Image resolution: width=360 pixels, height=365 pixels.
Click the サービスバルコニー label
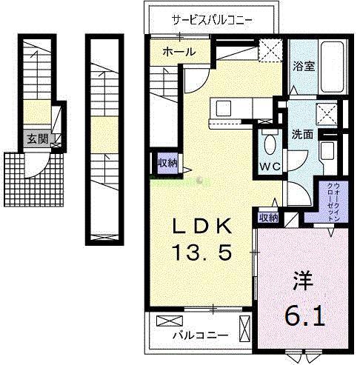212,19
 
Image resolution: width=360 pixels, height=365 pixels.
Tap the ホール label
179,52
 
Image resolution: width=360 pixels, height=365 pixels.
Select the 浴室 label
304,65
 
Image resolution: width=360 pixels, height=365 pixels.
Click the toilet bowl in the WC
269,142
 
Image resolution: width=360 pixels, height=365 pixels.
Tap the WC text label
269,166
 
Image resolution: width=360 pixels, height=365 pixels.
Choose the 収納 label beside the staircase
166,163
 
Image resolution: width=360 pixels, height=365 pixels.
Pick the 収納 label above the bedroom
268,218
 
